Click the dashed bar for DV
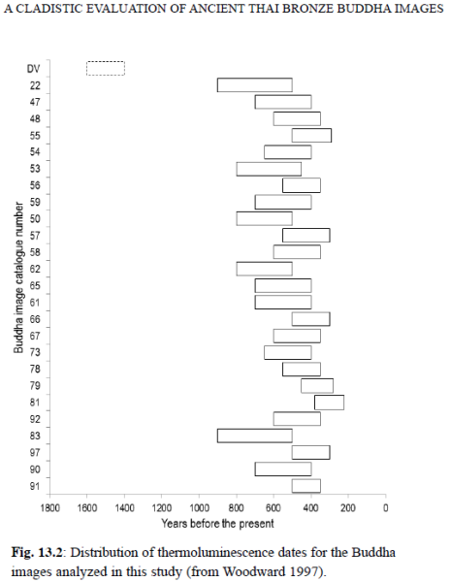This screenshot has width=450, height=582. click(x=106, y=62)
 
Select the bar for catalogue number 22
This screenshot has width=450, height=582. click(x=255, y=79)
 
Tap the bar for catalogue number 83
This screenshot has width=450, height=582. click(x=255, y=430)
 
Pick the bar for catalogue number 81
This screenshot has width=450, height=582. click(x=329, y=396)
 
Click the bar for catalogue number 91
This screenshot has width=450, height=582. click(x=306, y=479)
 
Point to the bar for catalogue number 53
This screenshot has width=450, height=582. click(x=269, y=162)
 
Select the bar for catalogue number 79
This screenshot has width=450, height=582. click(x=317, y=379)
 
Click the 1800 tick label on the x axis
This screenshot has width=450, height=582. click(x=49, y=507)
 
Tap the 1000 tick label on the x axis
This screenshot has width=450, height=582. click(x=199, y=507)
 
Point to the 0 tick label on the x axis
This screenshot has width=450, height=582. click(x=385, y=507)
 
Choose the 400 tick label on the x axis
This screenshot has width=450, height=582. click(x=311, y=507)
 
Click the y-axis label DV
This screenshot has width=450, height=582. click(x=33, y=69)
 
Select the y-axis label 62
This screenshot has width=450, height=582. click(x=35, y=269)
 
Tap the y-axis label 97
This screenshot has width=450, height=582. click(x=35, y=452)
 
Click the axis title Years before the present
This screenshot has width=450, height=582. click(x=217, y=524)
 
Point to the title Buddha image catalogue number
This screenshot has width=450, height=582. click(x=18, y=277)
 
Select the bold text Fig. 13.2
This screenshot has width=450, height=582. click(x=36, y=553)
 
